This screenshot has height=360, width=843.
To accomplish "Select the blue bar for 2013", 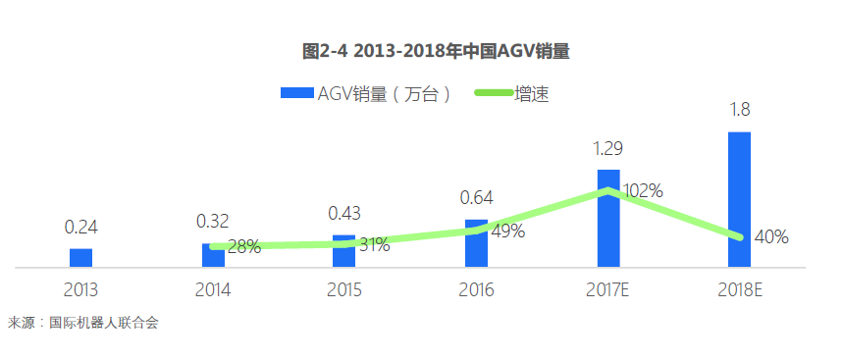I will click(x=81, y=257).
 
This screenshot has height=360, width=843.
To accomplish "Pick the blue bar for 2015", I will click(x=343, y=251).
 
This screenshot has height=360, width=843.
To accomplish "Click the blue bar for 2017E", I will click(x=608, y=218).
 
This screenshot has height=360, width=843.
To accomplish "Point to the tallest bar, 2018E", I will click(x=739, y=199).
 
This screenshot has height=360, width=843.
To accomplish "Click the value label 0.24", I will click(x=81, y=227).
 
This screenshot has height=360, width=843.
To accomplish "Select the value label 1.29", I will click(x=607, y=148).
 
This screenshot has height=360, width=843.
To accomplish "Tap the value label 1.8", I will click(x=740, y=110).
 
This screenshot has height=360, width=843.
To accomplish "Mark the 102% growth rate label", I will click(x=643, y=190).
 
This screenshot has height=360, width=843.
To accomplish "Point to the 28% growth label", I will click(x=243, y=247).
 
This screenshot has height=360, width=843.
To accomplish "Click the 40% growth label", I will click(x=771, y=236).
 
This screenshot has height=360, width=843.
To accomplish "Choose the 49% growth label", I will click(x=507, y=231).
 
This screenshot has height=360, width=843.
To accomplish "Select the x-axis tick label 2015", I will click(x=344, y=290).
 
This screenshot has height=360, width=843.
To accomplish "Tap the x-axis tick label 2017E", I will click(x=608, y=290).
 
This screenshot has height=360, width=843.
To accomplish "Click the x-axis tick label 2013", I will click(x=81, y=290).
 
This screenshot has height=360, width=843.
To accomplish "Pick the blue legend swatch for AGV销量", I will click(x=296, y=93).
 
